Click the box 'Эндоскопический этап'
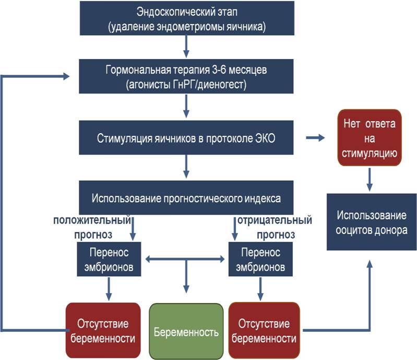coord(187,18)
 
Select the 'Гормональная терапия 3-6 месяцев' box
coord(186,76)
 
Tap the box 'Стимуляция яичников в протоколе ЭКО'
coord(186,137)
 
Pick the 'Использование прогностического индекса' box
coord(186,198)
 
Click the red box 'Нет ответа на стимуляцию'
coord(370,137)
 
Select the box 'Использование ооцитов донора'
coord(372,222)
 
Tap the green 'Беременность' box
coord(186,331)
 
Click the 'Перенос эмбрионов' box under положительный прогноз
coord(109,259)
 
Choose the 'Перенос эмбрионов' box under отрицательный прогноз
coord(260,259)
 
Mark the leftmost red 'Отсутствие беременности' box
coord(103,330)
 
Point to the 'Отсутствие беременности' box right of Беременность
coord(264,330)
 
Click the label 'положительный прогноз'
coord(92,227)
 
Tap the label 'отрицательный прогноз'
coord(275,227)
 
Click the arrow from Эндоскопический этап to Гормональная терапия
coord(186,47)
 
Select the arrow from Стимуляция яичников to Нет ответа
coord(315,137)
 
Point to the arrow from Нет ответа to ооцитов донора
coord(370,179)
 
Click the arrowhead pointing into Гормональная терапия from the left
coord(66,76)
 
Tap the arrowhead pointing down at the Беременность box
coord(186,289)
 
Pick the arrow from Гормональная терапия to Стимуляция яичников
coord(186,106)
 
